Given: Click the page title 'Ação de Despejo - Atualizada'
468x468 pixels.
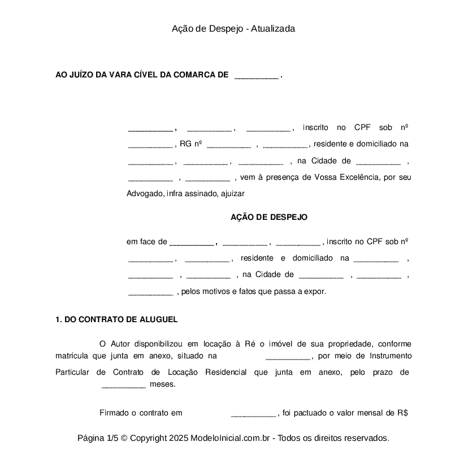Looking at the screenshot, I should [233, 28].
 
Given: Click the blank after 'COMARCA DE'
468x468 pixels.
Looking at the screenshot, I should [256, 75].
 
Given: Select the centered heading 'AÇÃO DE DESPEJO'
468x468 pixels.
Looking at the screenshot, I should [269, 217].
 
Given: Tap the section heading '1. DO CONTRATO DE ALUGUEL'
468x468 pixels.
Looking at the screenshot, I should [116, 319].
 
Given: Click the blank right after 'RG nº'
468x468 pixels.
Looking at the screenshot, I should [229, 144].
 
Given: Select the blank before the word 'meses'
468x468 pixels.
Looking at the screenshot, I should [124, 385].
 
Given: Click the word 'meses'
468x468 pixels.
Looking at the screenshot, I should [162, 384].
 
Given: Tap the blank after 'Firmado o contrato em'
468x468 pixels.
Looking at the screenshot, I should [253, 413].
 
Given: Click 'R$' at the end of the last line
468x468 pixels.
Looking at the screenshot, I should [402, 413].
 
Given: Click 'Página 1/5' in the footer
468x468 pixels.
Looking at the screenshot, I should [98, 438].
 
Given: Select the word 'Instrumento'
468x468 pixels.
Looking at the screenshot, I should [390, 356].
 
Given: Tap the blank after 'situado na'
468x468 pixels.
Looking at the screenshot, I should [288, 357].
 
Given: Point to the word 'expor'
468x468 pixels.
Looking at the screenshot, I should [315, 292].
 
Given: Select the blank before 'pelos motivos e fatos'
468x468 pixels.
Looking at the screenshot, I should [150, 292].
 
